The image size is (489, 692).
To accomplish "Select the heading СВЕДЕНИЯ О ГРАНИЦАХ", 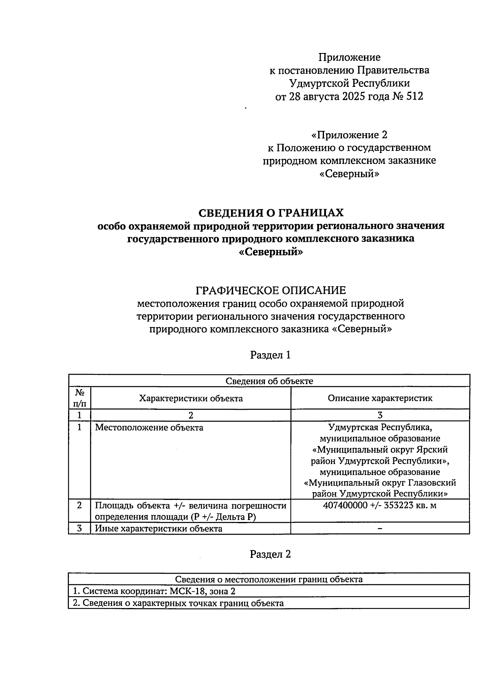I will [271, 213].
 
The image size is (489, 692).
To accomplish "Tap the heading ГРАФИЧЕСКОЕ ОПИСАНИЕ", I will [271, 290].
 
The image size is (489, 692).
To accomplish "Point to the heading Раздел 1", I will [271, 355].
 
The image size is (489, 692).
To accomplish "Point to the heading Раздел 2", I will [271, 554].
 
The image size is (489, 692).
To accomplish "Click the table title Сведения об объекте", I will [269, 381].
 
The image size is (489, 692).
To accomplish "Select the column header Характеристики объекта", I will [191, 398].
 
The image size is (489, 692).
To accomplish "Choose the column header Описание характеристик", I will [380, 398].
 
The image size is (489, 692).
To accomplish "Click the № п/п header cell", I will [79, 398].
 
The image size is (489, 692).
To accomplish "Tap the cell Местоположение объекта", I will [149, 428].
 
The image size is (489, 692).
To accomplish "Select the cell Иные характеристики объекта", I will [159, 529].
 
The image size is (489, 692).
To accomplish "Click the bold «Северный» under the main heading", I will [271, 252].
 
